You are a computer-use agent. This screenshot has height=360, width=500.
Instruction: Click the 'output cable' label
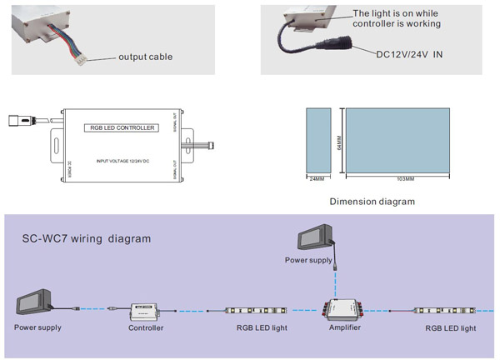(146, 57)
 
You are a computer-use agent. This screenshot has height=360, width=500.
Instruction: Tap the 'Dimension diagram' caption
(372, 201)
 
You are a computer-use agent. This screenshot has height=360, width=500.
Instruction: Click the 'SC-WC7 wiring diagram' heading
(86, 238)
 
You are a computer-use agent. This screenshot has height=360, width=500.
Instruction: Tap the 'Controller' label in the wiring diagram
(146, 328)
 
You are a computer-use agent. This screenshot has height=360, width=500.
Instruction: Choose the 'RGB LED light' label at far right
(451, 328)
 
